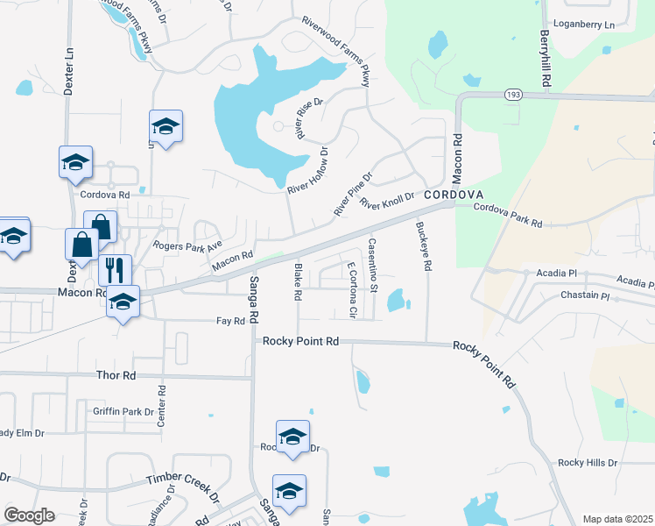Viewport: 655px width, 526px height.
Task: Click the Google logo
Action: point(29,515)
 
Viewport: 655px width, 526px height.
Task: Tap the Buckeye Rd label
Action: point(425,245)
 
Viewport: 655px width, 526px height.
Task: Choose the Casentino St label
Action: point(373,265)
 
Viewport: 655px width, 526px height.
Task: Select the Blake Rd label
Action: point(298,282)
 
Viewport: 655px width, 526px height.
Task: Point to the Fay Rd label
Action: point(230,322)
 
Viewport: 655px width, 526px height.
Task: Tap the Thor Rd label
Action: point(116,375)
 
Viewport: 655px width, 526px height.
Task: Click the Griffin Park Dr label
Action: point(123,410)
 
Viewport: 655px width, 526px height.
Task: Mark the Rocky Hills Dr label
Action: point(588,463)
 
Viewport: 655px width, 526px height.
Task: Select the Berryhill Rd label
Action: point(546,59)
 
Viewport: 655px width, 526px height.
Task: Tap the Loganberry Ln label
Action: point(578,25)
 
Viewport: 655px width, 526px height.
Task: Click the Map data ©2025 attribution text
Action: point(618,519)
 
